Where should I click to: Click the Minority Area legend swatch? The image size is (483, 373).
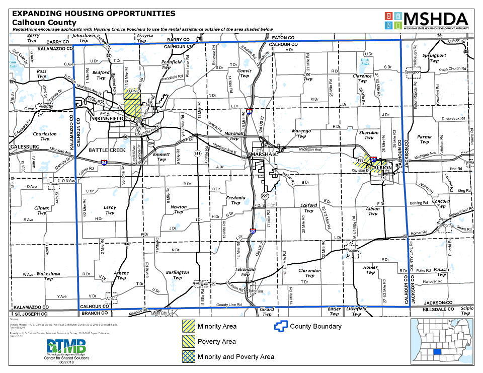click(189, 327)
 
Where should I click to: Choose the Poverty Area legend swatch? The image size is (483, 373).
click(189, 342)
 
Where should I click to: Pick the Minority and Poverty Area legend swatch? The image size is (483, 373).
click(189, 356)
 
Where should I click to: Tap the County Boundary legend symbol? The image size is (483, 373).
click(280, 326)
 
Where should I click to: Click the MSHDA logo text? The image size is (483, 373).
click(435, 19)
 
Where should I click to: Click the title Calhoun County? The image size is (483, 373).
click(44, 22)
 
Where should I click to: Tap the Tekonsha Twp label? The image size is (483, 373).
click(245, 272)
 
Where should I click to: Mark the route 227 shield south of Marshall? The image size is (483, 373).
click(265, 195)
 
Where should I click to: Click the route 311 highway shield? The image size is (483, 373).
click(197, 153)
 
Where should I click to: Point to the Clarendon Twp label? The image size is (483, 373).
click(309, 273)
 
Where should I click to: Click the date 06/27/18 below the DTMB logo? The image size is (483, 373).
click(66, 362)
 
